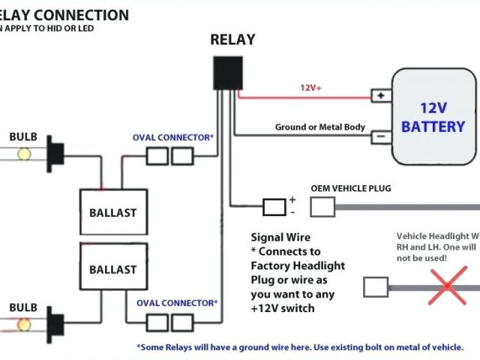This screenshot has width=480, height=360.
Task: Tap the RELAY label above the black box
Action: [x=232, y=40]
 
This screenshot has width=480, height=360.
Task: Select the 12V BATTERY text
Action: [x=433, y=117]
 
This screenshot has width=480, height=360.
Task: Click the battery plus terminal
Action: [x=381, y=96]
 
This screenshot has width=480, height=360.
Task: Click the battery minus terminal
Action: [x=381, y=136]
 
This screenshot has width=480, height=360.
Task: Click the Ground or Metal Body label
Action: [x=320, y=127]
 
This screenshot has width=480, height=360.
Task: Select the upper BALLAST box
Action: [x=113, y=211]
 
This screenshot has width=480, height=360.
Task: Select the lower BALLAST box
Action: [x=113, y=268]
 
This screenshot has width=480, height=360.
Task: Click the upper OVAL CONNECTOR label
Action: [x=173, y=137]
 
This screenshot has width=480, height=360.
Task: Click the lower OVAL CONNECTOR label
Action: [x=177, y=302]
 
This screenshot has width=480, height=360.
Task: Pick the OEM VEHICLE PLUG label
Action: [x=351, y=188]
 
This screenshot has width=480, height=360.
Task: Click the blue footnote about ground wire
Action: [x=300, y=347]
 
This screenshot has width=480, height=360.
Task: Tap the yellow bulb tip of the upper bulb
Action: [x=23, y=154]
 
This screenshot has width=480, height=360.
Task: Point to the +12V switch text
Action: [x=283, y=308]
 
